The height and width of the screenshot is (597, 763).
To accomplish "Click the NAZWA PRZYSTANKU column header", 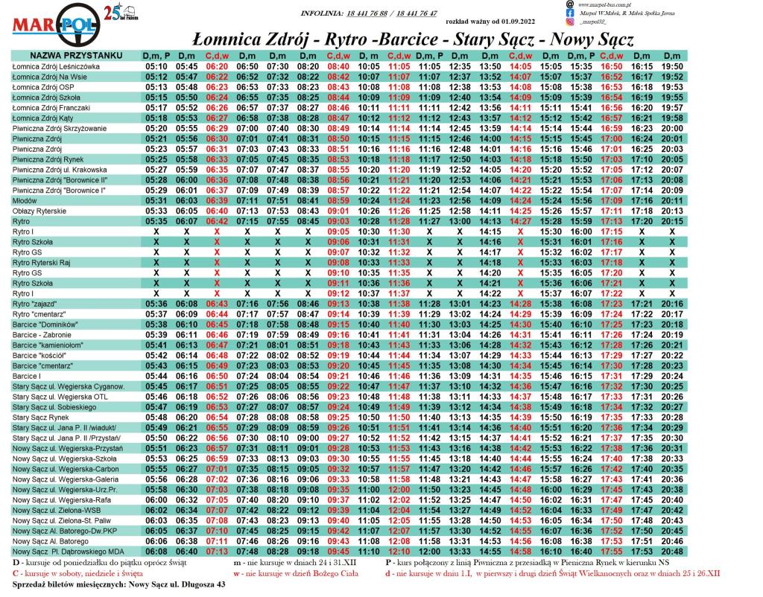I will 72,56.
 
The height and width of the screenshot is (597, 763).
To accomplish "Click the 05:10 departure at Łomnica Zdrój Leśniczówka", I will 156,66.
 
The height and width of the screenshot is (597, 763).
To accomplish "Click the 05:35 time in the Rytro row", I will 156,221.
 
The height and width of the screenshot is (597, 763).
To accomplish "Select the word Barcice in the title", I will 405,39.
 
